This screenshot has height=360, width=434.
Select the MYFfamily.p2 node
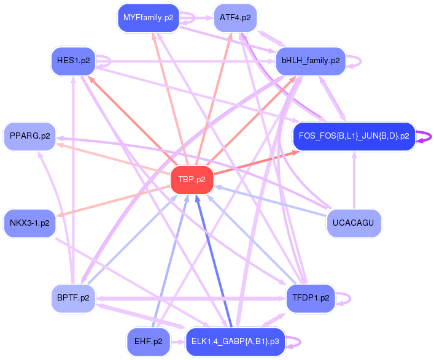(x=147, y=18)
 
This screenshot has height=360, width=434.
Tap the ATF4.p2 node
(x=235, y=18)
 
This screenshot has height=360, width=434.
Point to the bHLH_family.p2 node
(x=311, y=61)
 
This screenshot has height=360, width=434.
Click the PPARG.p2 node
(x=29, y=136)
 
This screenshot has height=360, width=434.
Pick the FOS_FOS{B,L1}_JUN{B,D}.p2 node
(x=354, y=136)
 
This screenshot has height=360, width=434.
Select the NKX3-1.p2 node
(x=29, y=223)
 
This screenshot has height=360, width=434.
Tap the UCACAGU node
(x=354, y=223)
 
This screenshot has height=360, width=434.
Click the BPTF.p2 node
(x=73, y=299)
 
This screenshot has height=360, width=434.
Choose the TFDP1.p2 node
(x=311, y=299)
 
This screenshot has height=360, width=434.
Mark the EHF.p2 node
(x=147, y=341)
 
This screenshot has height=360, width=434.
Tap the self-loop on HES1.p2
(x=109, y=60)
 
